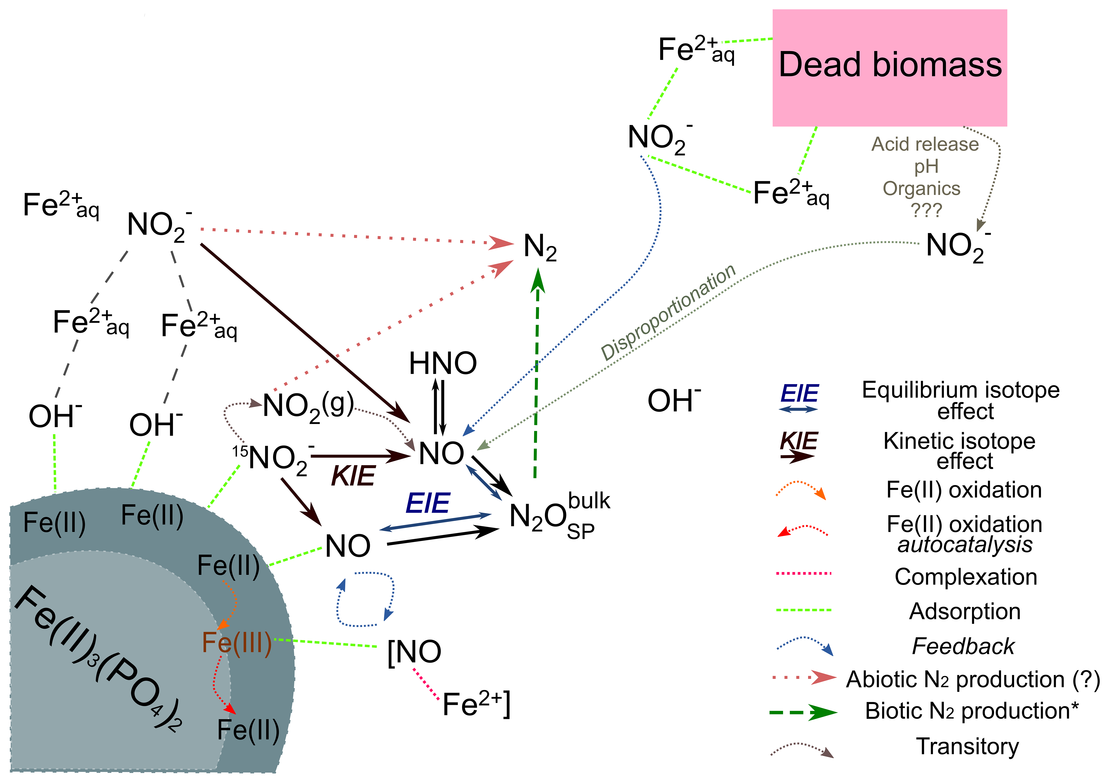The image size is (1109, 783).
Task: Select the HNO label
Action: pos(442,364)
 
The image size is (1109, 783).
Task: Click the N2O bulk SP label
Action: pos(559,516)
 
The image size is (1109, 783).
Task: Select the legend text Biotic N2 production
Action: pos(971,711)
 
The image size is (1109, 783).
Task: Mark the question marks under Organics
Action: pos(926,210)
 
